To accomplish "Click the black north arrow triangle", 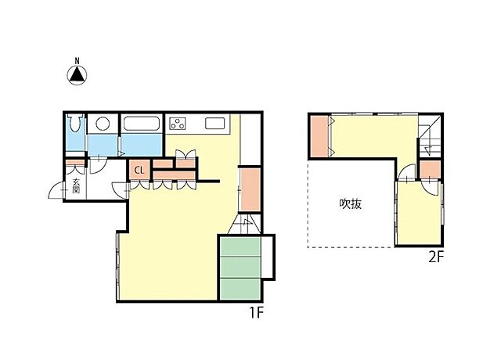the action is click(x=77, y=75).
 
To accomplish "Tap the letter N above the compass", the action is click(x=77, y=61).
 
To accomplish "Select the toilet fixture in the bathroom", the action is click(x=76, y=124).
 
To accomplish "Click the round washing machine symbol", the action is click(x=103, y=124).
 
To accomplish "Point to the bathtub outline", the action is click(x=141, y=124).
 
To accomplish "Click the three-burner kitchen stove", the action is click(x=178, y=124).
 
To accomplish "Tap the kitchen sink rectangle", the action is click(x=215, y=124).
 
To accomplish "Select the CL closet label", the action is click(x=139, y=171).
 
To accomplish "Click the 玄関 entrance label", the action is click(x=76, y=185).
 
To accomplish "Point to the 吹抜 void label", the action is click(x=351, y=203).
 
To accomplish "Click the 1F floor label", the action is click(x=256, y=312).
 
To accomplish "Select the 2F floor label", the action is click(x=436, y=257).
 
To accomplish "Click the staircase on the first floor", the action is click(x=245, y=224).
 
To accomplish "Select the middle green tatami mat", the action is click(x=240, y=267).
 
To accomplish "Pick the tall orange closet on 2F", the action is click(x=319, y=136).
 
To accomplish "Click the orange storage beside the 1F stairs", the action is click(x=250, y=189).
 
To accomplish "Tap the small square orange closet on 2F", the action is click(x=430, y=170).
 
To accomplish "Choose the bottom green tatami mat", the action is click(x=240, y=289).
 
